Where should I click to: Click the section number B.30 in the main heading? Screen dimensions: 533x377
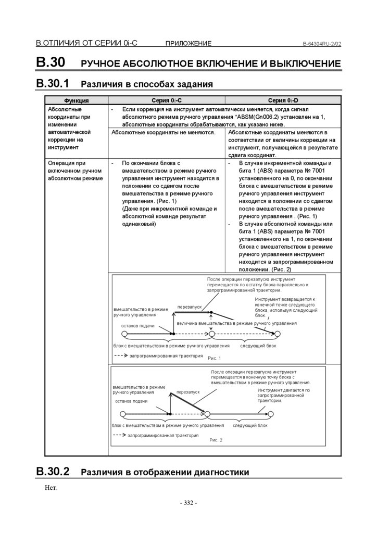click(x=51, y=62)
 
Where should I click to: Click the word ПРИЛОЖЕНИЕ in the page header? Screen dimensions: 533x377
click(x=188, y=44)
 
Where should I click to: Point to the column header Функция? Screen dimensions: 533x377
click(x=76, y=100)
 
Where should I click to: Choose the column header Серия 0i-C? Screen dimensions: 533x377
click(x=166, y=100)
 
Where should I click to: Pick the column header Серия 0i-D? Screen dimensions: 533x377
click(x=283, y=100)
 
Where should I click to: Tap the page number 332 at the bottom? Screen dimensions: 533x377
click(x=188, y=503)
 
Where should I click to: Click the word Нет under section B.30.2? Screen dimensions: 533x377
click(x=51, y=488)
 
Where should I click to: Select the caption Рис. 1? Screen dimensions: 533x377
click(x=214, y=358)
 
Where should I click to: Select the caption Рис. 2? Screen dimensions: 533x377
click(x=216, y=440)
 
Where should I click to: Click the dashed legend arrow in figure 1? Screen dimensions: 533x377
click(x=120, y=356)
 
